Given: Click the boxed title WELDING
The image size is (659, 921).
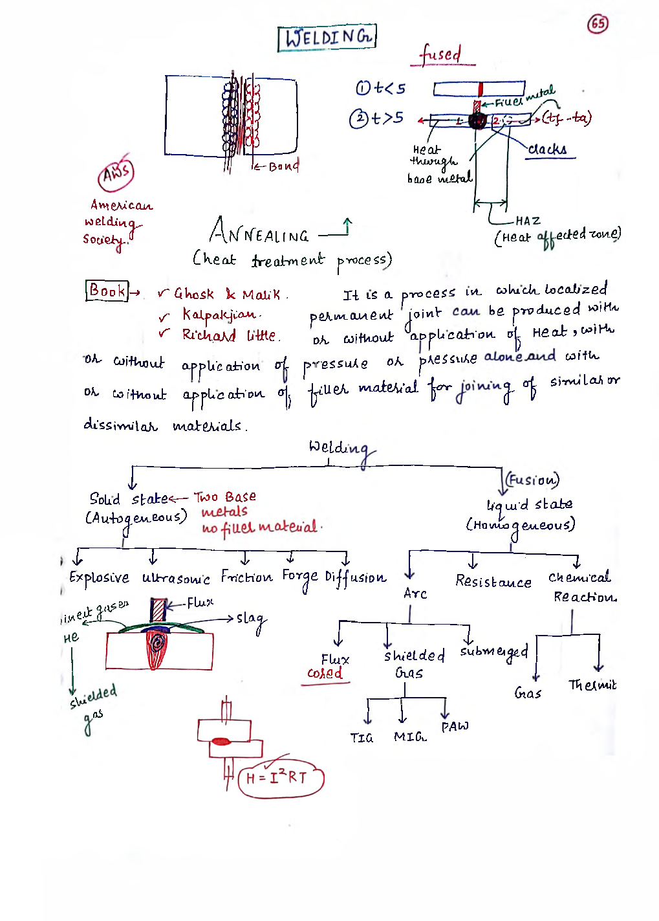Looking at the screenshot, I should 327,38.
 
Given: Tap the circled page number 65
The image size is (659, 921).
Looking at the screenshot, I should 598,24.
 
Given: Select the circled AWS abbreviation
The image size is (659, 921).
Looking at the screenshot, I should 116,173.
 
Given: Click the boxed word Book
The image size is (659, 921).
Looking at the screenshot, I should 107,291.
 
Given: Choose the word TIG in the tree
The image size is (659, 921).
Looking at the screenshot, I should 362,738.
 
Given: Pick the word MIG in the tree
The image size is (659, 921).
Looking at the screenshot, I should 410,737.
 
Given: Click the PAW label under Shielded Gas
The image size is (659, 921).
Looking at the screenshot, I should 455,726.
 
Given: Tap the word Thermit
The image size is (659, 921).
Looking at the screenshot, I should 592,685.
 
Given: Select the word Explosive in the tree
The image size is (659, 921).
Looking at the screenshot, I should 99,577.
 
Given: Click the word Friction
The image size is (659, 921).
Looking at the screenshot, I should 246,576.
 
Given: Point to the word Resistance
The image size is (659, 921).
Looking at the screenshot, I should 493,581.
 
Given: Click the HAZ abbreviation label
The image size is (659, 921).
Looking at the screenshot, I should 528,221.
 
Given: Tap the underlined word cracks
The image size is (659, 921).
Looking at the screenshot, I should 547,150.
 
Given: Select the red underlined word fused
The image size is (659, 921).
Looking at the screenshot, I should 441,54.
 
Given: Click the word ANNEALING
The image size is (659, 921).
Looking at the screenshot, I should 259,232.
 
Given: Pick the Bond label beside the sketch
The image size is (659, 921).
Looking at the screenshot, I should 283,166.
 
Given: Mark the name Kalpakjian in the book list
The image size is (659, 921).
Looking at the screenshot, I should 220,315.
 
